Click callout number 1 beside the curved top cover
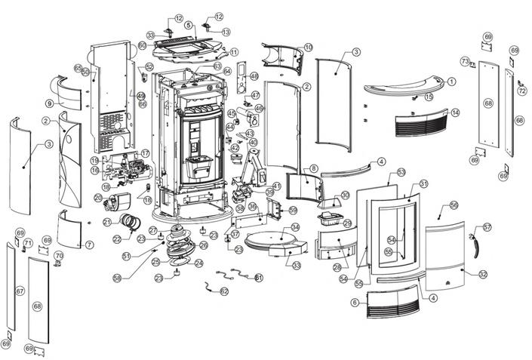[x=453, y=82]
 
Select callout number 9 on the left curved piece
[x=50, y=103]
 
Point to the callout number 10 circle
[x=308, y=47]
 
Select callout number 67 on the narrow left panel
[x=20, y=291]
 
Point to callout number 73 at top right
[x=465, y=61]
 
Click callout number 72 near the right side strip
[x=521, y=91]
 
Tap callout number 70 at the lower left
[x=58, y=256]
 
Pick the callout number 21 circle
[x=106, y=222]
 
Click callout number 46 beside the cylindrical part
[x=259, y=109]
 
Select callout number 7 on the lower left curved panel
[x=89, y=245]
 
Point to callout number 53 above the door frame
[x=401, y=173]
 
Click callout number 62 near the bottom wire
[x=224, y=291]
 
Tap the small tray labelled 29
[x=331, y=220]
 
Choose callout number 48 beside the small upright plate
[x=254, y=76]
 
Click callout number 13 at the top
[x=226, y=32]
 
